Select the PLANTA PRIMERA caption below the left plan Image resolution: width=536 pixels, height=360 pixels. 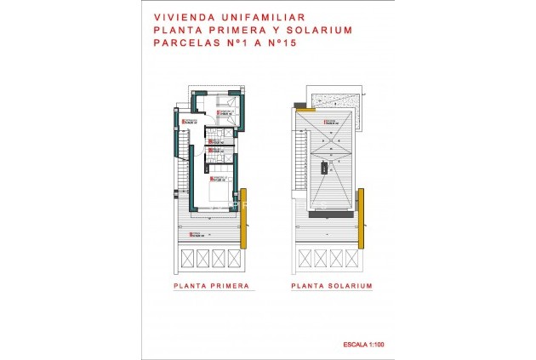[x=211, y=287]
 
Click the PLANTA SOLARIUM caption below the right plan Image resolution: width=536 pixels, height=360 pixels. [x=331, y=287]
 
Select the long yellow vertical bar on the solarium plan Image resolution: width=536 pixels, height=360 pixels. [x=361, y=213]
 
